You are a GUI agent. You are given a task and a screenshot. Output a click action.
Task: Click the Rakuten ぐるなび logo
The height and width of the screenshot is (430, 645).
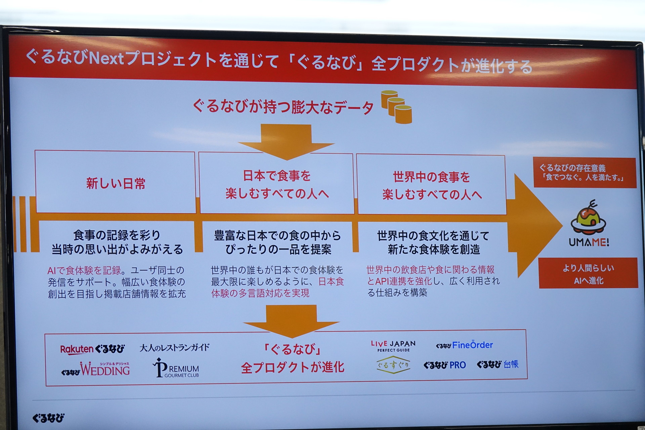tap(92, 349)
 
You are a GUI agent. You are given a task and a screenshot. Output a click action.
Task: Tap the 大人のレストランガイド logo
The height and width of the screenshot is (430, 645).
tap(174, 347)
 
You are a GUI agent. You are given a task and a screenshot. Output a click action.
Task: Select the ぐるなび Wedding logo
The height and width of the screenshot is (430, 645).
tap(95, 369)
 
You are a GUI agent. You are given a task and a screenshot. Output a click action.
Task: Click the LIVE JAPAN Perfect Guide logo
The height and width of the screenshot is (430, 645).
tap(393, 346)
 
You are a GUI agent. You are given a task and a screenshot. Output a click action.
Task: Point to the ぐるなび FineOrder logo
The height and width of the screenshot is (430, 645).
tap(464, 345)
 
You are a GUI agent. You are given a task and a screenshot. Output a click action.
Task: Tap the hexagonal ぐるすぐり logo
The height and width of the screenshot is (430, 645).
tap(393, 365)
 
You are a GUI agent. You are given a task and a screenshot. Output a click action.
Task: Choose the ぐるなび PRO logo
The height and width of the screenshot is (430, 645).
tap(444, 365)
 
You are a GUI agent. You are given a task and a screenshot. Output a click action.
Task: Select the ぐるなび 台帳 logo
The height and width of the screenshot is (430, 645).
tap(498, 364)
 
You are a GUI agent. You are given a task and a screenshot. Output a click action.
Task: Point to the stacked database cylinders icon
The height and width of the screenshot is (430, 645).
tap(396, 107)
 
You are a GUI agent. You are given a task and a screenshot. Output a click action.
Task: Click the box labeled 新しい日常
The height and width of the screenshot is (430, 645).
tap(115, 182)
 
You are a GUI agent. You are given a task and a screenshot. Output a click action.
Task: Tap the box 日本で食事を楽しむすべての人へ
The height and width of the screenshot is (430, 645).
tap(276, 183)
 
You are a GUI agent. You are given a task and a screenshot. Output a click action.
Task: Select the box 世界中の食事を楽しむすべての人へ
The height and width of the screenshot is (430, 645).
tap(432, 184)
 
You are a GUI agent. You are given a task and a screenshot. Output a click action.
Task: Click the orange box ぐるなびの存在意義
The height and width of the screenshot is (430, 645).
tap(585, 173)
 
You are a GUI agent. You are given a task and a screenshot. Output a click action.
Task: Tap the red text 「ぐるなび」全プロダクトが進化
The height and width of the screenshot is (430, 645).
tap(292, 358)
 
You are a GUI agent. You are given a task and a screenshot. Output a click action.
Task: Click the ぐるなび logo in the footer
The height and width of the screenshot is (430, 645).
tap(48, 418)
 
